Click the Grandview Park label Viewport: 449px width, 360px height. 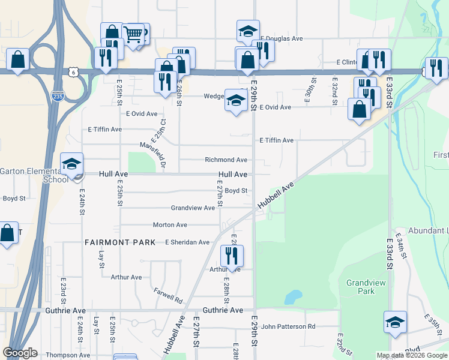[x=360, y=286]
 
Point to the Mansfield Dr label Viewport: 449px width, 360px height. [x=152, y=154]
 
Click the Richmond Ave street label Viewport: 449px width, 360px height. [x=226, y=160]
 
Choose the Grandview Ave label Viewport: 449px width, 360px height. [x=193, y=208]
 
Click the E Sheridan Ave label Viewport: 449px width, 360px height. [x=187, y=242]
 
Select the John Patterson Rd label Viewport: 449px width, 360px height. [x=288, y=326]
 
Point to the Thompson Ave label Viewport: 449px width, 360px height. [x=67, y=355]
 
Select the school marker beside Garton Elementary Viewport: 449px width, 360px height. [x=71, y=164]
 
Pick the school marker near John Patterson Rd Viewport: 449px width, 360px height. [x=396, y=322]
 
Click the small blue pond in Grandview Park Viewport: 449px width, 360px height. [x=293, y=296]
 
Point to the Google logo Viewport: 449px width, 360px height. [x=20, y=353]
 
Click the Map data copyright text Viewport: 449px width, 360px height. [x=412, y=355]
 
